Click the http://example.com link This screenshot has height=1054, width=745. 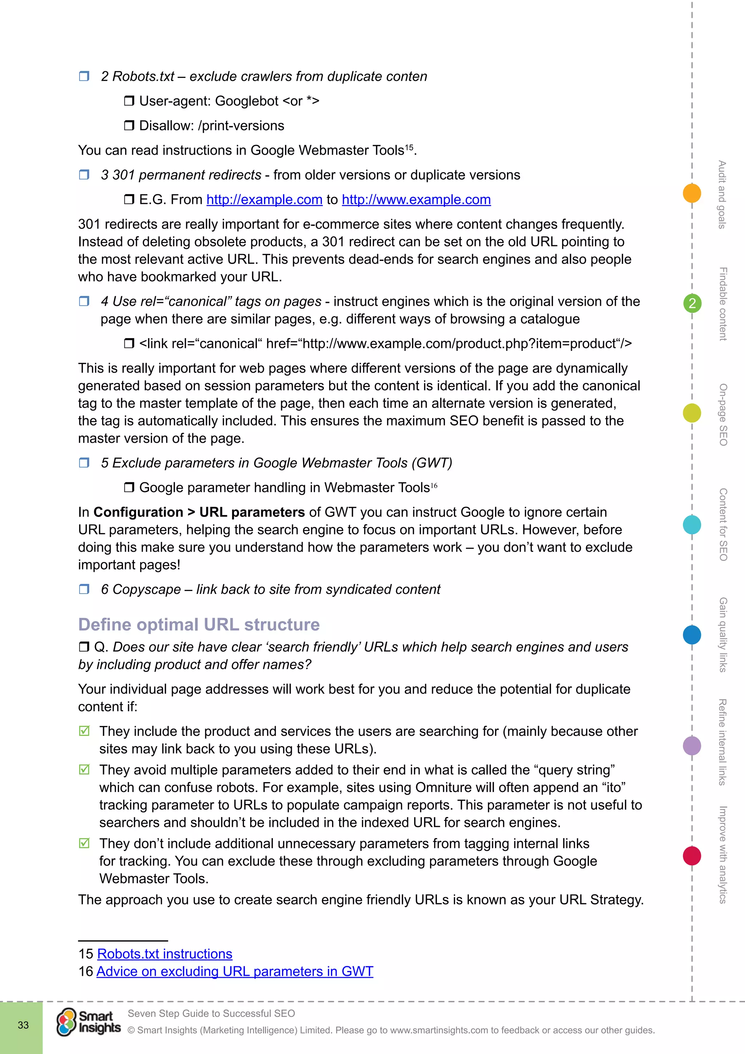(264, 200)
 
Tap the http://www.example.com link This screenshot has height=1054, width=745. (416, 200)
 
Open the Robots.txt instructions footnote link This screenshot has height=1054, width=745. (165, 954)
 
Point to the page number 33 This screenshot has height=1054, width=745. (23, 1025)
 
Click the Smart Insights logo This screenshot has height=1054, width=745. (88, 1022)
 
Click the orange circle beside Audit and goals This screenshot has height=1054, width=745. (692, 193)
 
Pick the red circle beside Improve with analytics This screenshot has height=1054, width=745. (692, 856)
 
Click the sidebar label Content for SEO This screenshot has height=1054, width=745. (723, 524)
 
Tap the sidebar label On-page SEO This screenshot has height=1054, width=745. (723, 415)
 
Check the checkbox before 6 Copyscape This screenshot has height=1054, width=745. (84, 589)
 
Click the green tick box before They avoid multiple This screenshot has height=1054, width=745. (84, 769)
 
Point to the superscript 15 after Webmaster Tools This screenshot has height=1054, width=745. (409, 147)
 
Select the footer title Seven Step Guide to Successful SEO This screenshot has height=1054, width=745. (211, 1013)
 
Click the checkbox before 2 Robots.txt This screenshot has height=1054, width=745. (84, 76)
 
